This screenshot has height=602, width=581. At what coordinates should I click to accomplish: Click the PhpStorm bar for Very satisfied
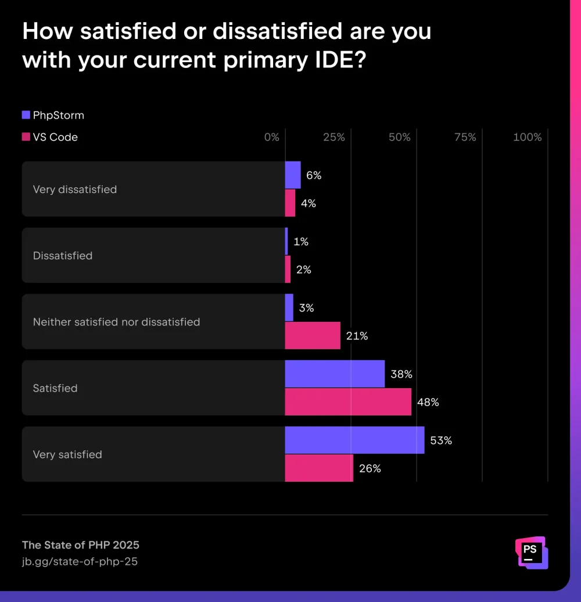pos(354,440)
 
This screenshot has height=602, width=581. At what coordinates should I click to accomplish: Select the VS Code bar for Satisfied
pos(348,402)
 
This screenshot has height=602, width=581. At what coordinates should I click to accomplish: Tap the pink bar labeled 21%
pos(313,335)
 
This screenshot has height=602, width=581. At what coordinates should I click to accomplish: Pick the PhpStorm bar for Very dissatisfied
pos(293,175)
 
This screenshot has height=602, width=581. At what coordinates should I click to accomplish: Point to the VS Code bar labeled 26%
pos(319,468)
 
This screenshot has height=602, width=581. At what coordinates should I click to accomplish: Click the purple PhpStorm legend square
pos(26,115)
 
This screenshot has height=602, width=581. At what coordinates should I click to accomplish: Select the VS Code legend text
pos(55,137)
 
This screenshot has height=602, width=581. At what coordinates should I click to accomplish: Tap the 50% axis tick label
pos(400,137)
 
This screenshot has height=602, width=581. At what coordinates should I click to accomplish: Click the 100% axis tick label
pos(528,137)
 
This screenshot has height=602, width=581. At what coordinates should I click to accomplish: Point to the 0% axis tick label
pos(271,137)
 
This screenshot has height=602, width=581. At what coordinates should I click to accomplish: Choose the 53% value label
pos(441,440)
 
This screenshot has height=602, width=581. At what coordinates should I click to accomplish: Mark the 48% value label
pos(428,402)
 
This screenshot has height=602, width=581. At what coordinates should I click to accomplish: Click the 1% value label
pos(300,242)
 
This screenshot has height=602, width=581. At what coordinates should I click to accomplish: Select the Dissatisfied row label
pos(63,256)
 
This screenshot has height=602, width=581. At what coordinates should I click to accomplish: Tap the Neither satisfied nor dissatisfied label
pos(116,322)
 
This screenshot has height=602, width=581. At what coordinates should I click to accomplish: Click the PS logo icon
pos(531,552)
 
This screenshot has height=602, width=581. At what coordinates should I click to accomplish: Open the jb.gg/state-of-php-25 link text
pos(80,561)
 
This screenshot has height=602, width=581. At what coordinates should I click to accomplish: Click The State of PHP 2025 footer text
pos(81,545)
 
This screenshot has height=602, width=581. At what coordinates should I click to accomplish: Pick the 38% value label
pos(401,374)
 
